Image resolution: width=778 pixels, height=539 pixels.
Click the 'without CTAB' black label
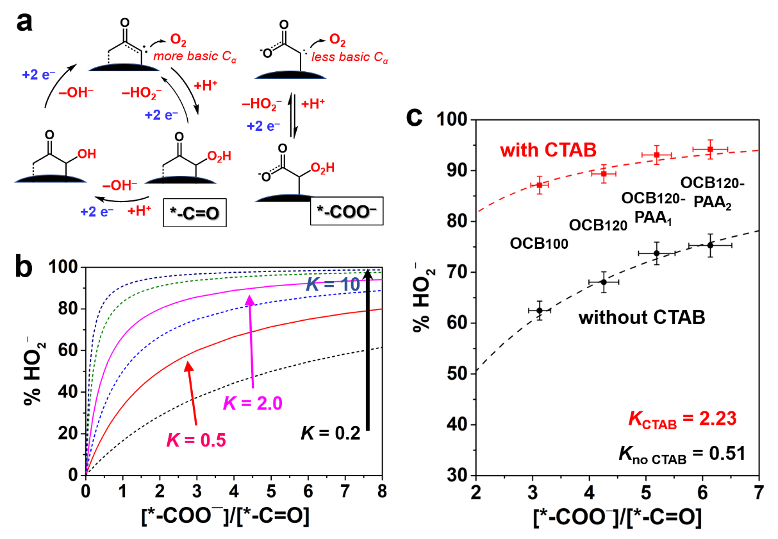tap(641, 317)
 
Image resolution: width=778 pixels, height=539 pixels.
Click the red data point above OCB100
tap(540, 185)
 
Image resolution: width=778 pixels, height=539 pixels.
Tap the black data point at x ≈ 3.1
tap(540, 311)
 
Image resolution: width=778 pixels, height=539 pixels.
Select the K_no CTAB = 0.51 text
tap(681, 454)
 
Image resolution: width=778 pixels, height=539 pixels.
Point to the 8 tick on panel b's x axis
tap(383, 491)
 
